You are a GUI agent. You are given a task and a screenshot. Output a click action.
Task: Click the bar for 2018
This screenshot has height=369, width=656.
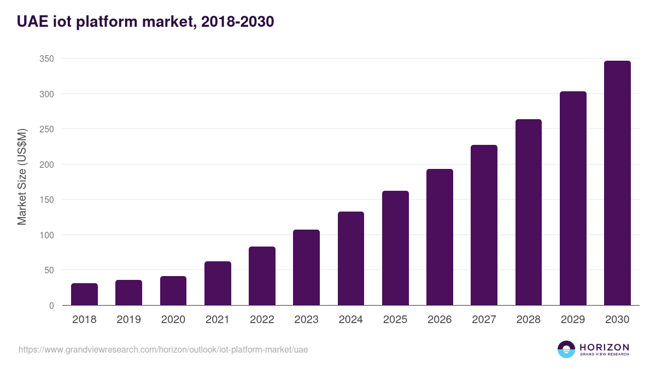pos(84,294)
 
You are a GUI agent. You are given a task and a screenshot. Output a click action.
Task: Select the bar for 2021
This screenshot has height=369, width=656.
pos(218,283)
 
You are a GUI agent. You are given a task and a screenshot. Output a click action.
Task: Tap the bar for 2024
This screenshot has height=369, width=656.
pos(351,258)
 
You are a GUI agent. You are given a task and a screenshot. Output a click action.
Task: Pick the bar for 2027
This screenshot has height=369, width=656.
pos(484,225)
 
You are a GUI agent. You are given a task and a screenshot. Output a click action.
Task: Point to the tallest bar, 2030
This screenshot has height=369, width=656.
pos(617,183)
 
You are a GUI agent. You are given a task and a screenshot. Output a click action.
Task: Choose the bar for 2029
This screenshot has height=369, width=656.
pos(573,198)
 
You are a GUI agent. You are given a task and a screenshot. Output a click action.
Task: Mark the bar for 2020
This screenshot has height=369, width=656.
pos(173,291)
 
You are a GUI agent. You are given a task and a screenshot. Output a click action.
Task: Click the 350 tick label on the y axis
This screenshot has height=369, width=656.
pos(46,58)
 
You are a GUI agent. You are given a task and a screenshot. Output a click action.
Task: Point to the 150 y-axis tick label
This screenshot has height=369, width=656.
pos(46,200)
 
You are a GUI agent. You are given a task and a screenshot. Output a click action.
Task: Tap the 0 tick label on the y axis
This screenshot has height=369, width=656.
pos(51,306)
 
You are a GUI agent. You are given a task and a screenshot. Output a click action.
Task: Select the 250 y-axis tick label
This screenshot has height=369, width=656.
pos(46,129)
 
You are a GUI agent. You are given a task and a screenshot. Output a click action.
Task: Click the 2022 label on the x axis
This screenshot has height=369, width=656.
pos(262,320)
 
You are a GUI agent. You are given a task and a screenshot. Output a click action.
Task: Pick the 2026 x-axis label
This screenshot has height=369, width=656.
pos(440,320)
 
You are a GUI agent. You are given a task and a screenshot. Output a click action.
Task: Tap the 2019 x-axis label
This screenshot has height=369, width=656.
pos(128,320)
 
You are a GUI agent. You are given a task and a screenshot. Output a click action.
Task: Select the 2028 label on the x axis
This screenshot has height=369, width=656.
pos(529,320)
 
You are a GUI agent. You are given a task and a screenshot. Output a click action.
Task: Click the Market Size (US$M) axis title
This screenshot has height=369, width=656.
pos(22,177)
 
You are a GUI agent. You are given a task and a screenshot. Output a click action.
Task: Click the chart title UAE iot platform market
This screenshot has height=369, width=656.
pos(145,22)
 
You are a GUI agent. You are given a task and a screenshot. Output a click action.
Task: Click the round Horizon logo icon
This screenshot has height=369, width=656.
pos(566,349)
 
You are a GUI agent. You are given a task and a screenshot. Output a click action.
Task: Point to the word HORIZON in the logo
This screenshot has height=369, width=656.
pos(604,347)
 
